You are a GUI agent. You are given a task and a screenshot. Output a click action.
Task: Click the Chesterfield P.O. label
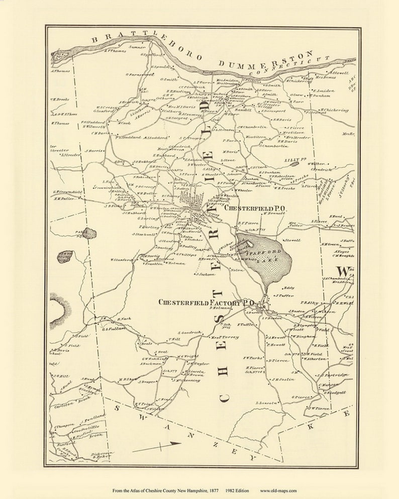(x=255, y=208)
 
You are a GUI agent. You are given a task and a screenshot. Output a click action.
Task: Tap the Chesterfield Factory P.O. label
(x=207, y=303)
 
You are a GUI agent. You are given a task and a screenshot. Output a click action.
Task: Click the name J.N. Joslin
(x=282, y=379)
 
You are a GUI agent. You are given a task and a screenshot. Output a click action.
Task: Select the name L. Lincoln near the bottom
(x=266, y=403)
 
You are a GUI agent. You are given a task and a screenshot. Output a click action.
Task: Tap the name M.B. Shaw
(x=128, y=379)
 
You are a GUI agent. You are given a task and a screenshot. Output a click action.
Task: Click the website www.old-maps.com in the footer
(x=278, y=490)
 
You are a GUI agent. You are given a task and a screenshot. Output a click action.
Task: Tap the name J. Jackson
(x=206, y=274)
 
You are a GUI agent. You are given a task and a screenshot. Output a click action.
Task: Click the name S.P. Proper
(x=189, y=138)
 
